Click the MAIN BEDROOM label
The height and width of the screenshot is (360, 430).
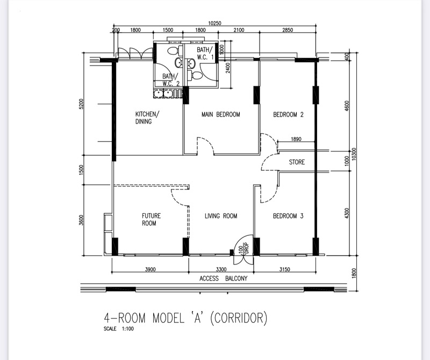pyautogui.click(x=221, y=114)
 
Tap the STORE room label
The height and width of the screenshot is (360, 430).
pyautogui.click(x=297, y=162)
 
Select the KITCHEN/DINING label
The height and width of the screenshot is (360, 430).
pyautogui.click(x=147, y=118)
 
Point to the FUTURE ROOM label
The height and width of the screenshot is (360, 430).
pyautogui.click(x=152, y=219)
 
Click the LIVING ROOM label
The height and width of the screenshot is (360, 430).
pyautogui.click(x=221, y=216)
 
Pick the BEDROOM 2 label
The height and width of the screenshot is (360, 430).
pyautogui.click(x=288, y=114)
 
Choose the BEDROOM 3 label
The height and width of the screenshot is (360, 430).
pyautogui.click(x=288, y=216)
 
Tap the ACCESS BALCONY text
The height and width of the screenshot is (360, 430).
pyautogui.click(x=223, y=278)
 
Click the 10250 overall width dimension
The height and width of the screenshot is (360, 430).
pyautogui.click(x=214, y=23)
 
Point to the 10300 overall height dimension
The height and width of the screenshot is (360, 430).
pyautogui.click(x=354, y=154)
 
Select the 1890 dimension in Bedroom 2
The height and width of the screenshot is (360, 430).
pyautogui.click(x=296, y=139)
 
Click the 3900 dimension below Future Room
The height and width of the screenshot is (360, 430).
pyautogui.click(x=150, y=269)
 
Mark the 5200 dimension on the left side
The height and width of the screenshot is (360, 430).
pyautogui.click(x=81, y=104)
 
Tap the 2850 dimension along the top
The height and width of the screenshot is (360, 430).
pyautogui.click(x=288, y=30)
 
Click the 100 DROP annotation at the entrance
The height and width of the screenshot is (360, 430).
pyautogui.click(x=243, y=249)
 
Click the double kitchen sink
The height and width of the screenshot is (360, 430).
pyautogui.click(x=163, y=93)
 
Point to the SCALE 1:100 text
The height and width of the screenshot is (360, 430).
pyautogui.click(x=119, y=328)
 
